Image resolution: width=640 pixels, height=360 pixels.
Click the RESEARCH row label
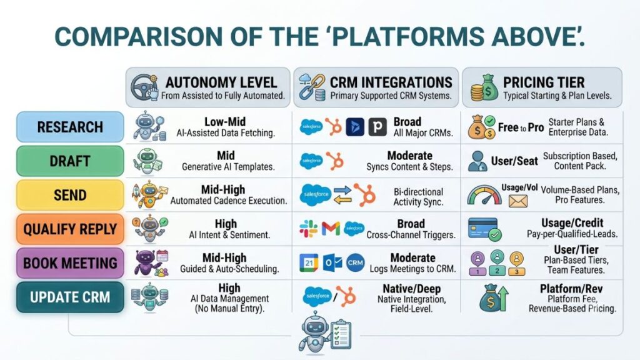point(70,127)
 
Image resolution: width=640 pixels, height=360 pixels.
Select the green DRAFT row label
point(70,161)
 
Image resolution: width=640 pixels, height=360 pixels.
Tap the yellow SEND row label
point(70,195)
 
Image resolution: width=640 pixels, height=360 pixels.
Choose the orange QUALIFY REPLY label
point(70,229)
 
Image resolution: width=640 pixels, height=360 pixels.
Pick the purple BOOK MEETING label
point(70,263)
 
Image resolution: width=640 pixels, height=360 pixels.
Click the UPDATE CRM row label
point(70,297)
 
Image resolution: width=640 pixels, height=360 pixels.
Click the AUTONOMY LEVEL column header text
point(221,82)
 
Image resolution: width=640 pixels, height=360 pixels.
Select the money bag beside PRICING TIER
point(484,87)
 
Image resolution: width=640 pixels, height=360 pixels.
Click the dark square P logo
point(377,127)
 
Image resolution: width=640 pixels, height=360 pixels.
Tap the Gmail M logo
point(331,229)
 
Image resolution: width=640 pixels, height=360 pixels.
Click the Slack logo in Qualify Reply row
point(308,229)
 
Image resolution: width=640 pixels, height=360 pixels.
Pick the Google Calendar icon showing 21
point(309,263)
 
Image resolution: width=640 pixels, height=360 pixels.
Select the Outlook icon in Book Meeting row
point(332,263)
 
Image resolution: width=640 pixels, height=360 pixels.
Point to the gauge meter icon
point(484,195)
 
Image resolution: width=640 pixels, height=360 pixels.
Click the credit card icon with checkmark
point(484,229)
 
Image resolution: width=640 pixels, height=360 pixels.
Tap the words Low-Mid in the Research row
point(225,122)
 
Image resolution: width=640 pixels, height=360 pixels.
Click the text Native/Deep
point(411,289)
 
